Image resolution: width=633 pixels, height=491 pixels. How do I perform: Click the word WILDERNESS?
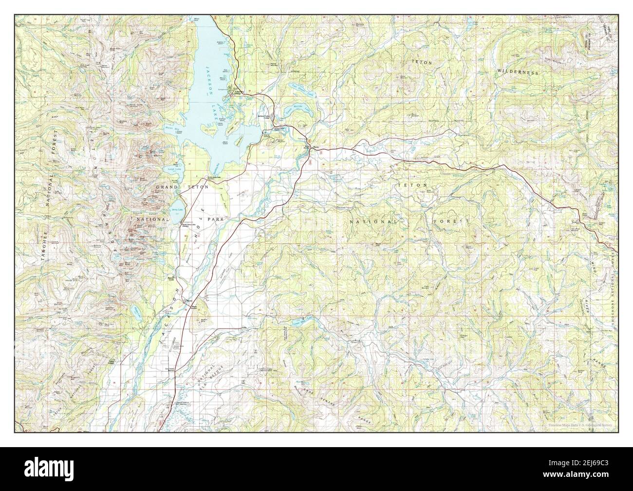click(518, 72)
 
